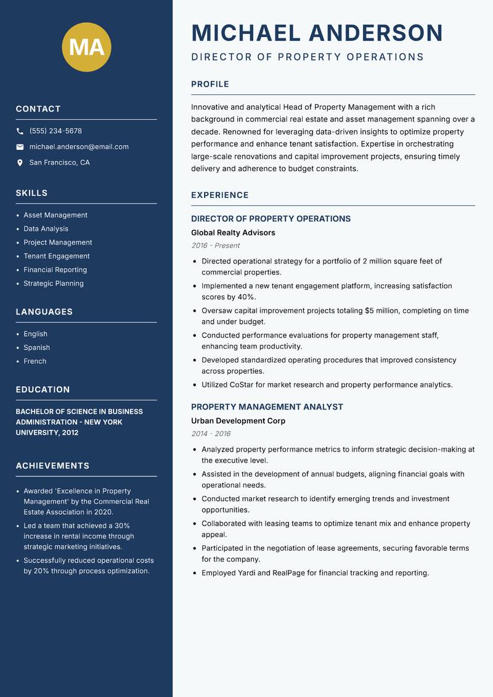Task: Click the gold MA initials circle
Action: tap(87, 47)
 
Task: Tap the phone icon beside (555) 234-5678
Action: tap(20, 131)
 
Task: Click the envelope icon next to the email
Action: tap(20, 147)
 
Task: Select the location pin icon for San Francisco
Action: tap(20, 163)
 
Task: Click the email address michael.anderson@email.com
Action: tap(79, 147)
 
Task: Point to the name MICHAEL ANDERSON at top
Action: tap(317, 33)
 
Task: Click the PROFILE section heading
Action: tap(210, 85)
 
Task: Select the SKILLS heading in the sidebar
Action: tap(31, 193)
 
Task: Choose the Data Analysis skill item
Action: tap(46, 229)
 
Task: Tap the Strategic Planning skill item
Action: tap(53, 283)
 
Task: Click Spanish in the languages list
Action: tap(36, 347)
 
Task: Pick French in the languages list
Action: tap(35, 361)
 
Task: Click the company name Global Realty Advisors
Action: tap(233, 233)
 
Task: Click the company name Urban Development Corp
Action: tap(238, 421)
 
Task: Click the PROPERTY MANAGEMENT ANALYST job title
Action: tap(267, 407)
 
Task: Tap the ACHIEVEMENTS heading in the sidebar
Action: tap(52, 466)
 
